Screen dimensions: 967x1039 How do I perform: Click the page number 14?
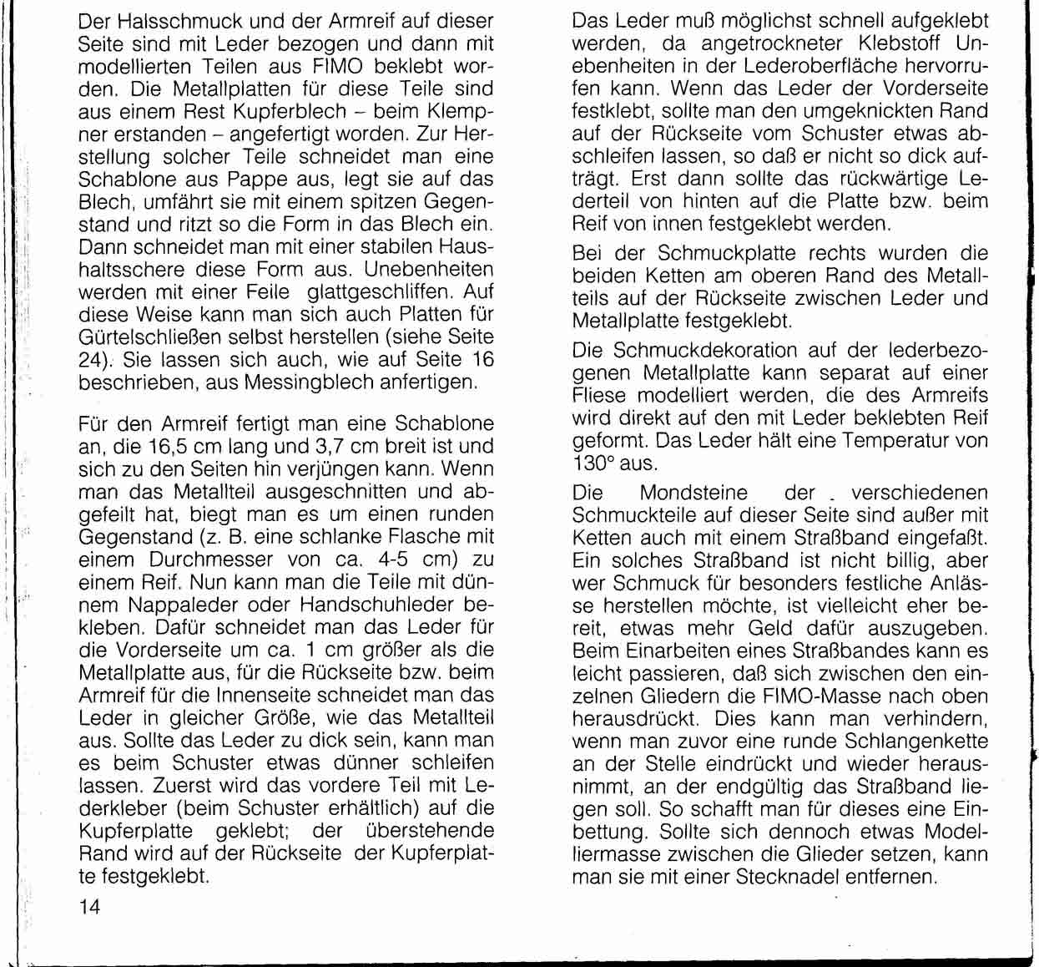[89, 908]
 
